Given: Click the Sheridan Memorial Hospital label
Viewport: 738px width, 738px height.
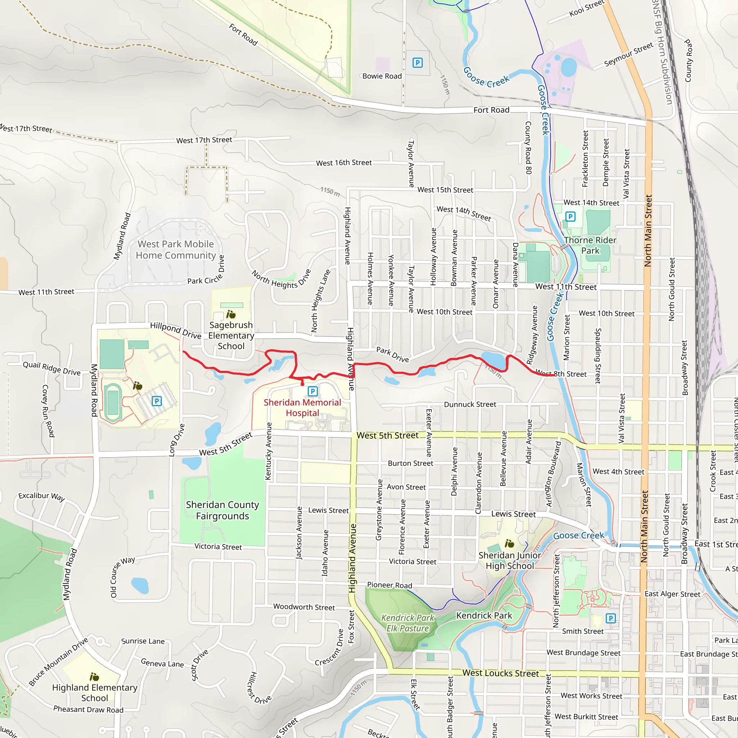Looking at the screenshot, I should tap(302, 408).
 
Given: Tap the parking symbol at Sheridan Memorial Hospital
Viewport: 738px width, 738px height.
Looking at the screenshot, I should tap(312, 391).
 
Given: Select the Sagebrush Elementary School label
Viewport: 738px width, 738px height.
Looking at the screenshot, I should tap(231, 335).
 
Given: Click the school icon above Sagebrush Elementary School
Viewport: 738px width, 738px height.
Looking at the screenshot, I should tap(231, 314).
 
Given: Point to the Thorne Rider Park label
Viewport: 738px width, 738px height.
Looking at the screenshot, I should tap(590, 245).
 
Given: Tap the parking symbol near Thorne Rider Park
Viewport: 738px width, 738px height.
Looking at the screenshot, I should tap(570, 217).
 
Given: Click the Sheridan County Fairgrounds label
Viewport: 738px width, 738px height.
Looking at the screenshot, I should tap(222, 510).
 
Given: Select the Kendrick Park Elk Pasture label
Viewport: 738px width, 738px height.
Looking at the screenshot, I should tap(408, 623).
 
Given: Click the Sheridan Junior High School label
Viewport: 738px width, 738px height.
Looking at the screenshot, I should tap(510, 560).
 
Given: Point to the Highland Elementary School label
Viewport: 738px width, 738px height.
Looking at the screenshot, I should tap(95, 693).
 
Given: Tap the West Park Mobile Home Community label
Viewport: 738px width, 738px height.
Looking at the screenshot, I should tap(176, 249).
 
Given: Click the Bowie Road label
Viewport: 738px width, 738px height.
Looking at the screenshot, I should tap(382, 76).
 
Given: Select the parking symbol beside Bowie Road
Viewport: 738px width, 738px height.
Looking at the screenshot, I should tap(418, 63).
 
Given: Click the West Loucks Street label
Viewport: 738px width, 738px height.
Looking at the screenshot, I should tap(501, 673).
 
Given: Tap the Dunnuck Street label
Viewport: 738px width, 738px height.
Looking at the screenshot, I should tap(470, 404).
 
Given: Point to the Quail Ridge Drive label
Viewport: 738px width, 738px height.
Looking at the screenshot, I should tap(52, 368).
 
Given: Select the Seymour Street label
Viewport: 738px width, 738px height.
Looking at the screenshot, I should tap(628, 54).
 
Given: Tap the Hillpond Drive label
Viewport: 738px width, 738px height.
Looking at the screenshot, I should tap(176, 330).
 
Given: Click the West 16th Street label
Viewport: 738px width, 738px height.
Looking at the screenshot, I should tap(344, 163).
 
